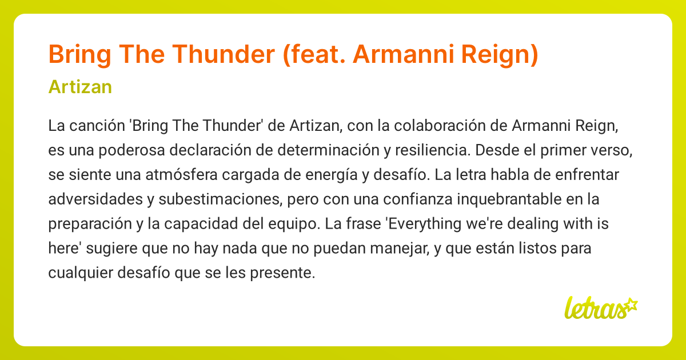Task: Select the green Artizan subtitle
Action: pyautogui.click(x=80, y=87)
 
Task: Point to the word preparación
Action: pyautogui.click(x=90, y=223)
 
